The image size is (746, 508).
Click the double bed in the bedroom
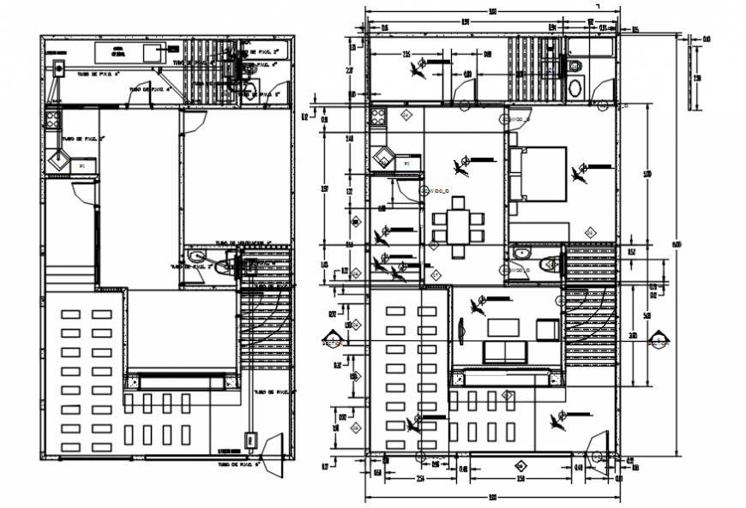[x=538, y=173]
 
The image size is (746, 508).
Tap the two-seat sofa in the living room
[x=505, y=351]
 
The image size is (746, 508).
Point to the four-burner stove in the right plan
[x=378, y=121]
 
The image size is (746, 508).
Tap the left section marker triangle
[x=328, y=341]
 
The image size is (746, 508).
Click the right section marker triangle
[x=660, y=342]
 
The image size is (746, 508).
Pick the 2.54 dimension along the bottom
[x=421, y=477]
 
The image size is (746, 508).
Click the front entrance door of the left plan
[x=277, y=454]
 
